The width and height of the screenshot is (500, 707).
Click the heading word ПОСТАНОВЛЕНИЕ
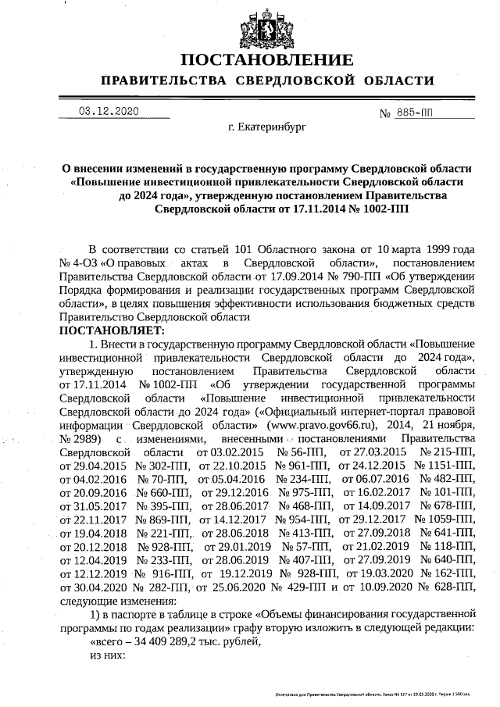266,61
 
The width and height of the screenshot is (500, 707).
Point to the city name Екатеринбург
266,125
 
